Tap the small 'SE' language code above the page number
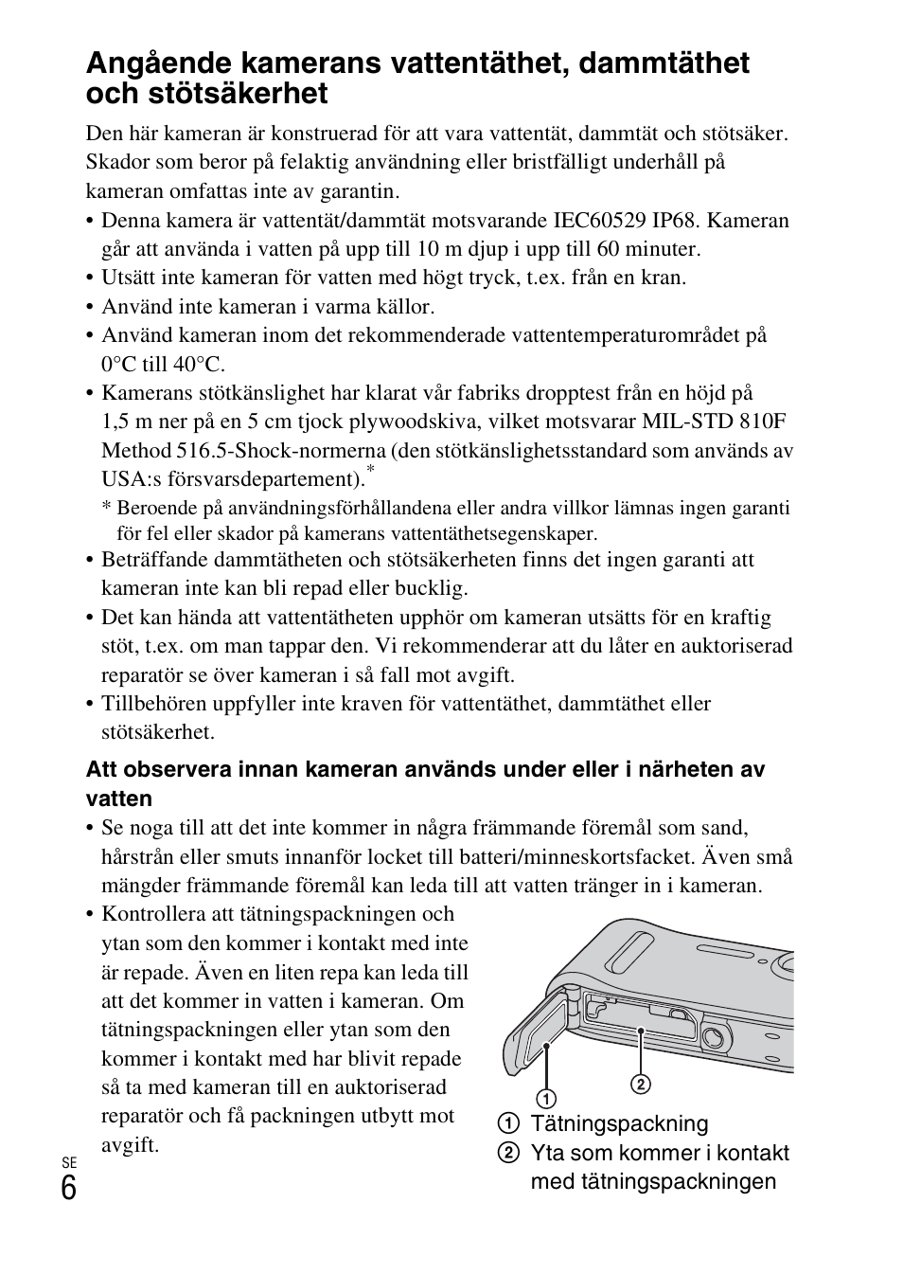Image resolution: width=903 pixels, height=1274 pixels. coord(68,1162)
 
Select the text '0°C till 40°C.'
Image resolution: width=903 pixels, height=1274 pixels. coord(163,364)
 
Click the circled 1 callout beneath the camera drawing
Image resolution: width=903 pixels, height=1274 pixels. coord(547,1098)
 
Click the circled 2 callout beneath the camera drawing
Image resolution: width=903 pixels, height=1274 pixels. coord(641,1083)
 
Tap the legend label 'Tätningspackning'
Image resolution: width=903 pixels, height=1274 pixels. coord(619,1124)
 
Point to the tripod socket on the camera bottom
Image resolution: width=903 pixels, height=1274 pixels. coord(717,1040)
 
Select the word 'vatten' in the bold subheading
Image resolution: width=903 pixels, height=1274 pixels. coord(118,798)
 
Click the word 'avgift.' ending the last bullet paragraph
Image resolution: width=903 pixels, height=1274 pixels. coord(130,1144)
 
